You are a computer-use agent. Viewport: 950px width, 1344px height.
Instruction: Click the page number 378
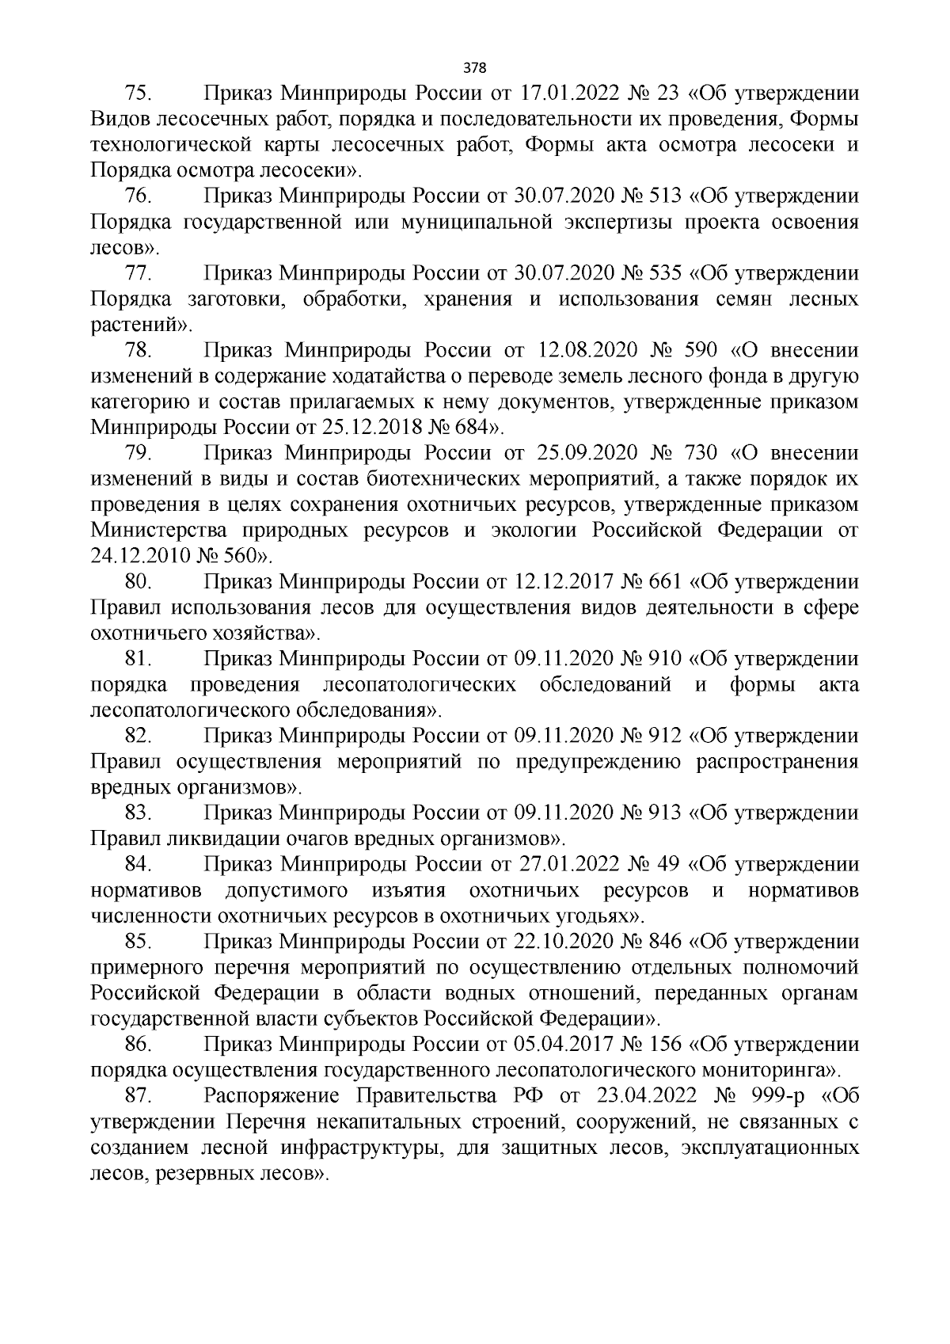pyautogui.click(x=475, y=67)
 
